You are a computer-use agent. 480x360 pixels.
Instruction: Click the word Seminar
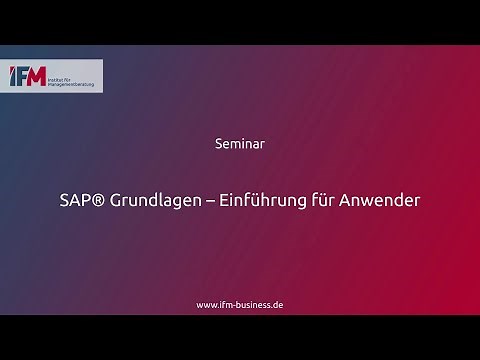pos(239,143)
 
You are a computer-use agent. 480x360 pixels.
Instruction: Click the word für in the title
pos(334,200)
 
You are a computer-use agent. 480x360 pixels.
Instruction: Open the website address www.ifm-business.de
pos(240,304)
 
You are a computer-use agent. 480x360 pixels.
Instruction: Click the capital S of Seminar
pos(219,143)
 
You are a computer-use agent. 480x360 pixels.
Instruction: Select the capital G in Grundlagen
pos(116,200)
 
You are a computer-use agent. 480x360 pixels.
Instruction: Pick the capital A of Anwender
pos(358,200)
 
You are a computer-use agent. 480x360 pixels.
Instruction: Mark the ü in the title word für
pos(335,200)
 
